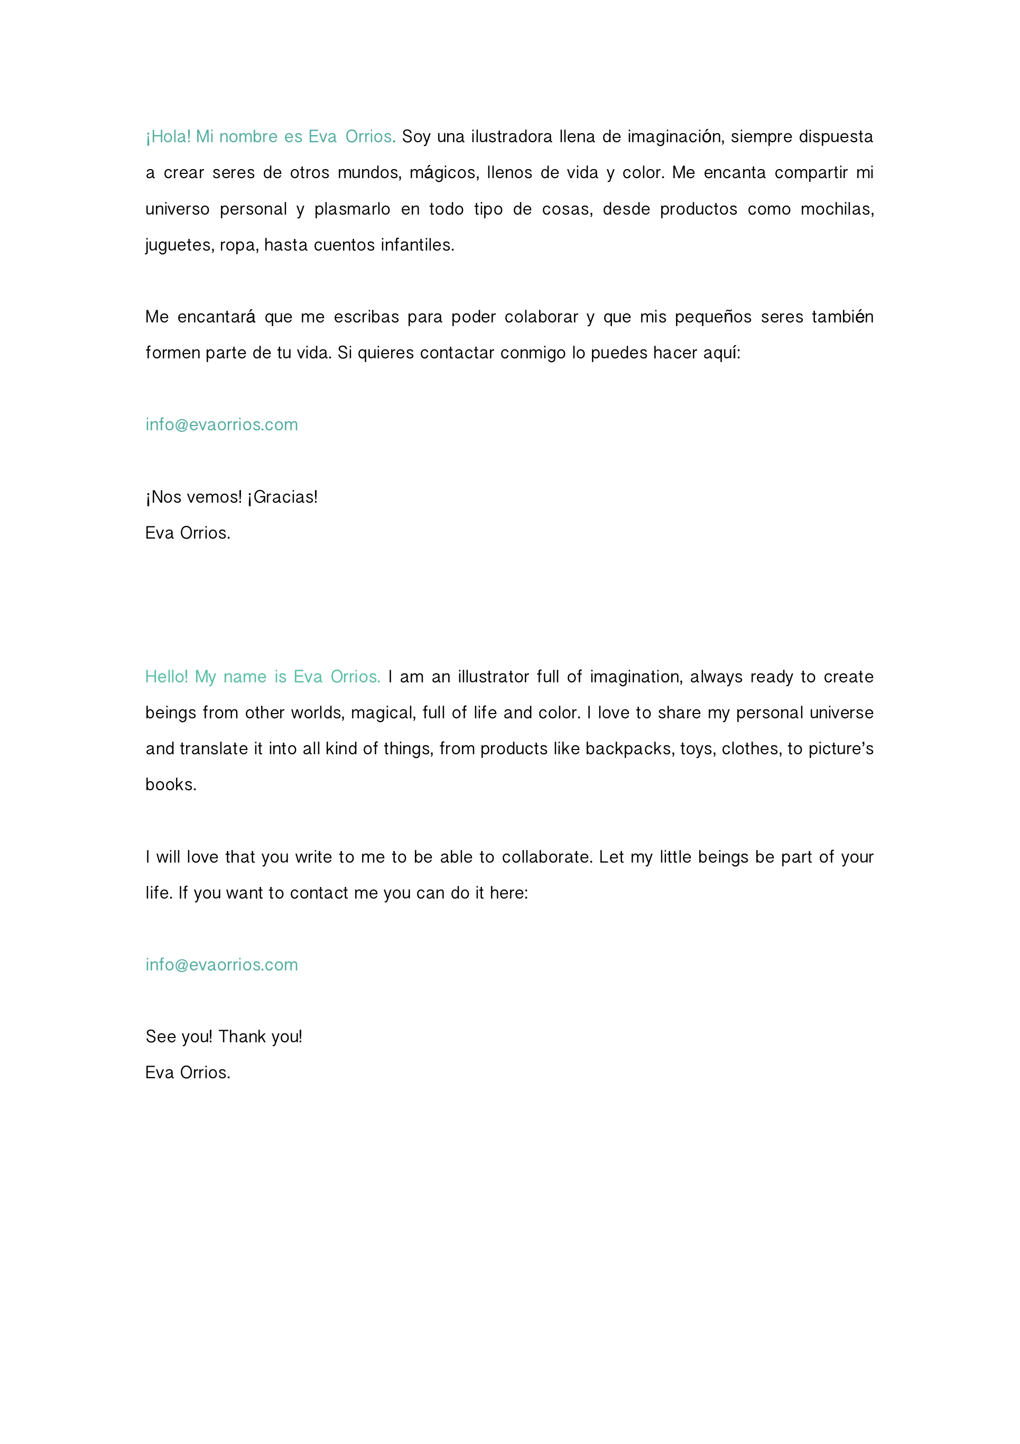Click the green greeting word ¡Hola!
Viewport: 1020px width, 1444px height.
pyautogui.click(x=168, y=136)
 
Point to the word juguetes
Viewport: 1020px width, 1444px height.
pyautogui.click(x=180, y=245)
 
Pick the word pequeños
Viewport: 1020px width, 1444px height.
pyautogui.click(x=712, y=317)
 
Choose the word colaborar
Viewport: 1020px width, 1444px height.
pyautogui.click(x=541, y=317)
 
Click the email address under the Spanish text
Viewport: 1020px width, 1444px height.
pyautogui.click(x=221, y=424)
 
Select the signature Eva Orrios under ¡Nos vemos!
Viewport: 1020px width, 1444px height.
pyautogui.click(x=188, y=533)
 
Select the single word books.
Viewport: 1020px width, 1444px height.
pyautogui.click(x=170, y=784)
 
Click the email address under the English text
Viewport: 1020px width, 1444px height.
pyautogui.click(x=221, y=965)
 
